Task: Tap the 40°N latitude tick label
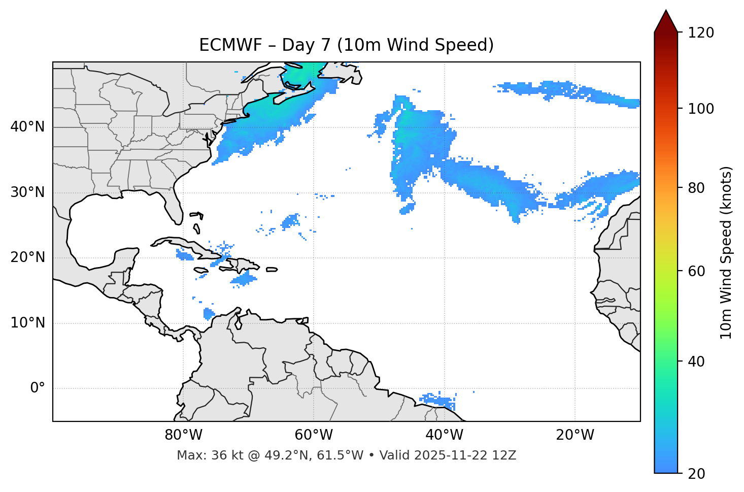pyautogui.click(x=27, y=127)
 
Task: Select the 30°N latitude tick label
pyautogui.click(x=27, y=192)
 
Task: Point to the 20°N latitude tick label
pyautogui.click(x=27, y=257)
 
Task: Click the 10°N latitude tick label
pyautogui.click(x=27, y=323)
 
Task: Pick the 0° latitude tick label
pyautogui.click(x=38, y=388)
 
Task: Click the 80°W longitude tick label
pyautogui.click(x=183, y=435)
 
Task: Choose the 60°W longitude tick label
pyautogui.click(x=314, y=435)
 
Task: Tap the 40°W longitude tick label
pyautogui.click(x=444, y=435)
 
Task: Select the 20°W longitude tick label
pyautogui.click(x=574, y=435)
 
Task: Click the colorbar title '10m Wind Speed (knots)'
pyautogui.click(x=726, y=252)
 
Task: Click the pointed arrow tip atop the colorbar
pyautogui.click(x=666, y=12)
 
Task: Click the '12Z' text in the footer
pyautogui.click(x=505, y=455)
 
